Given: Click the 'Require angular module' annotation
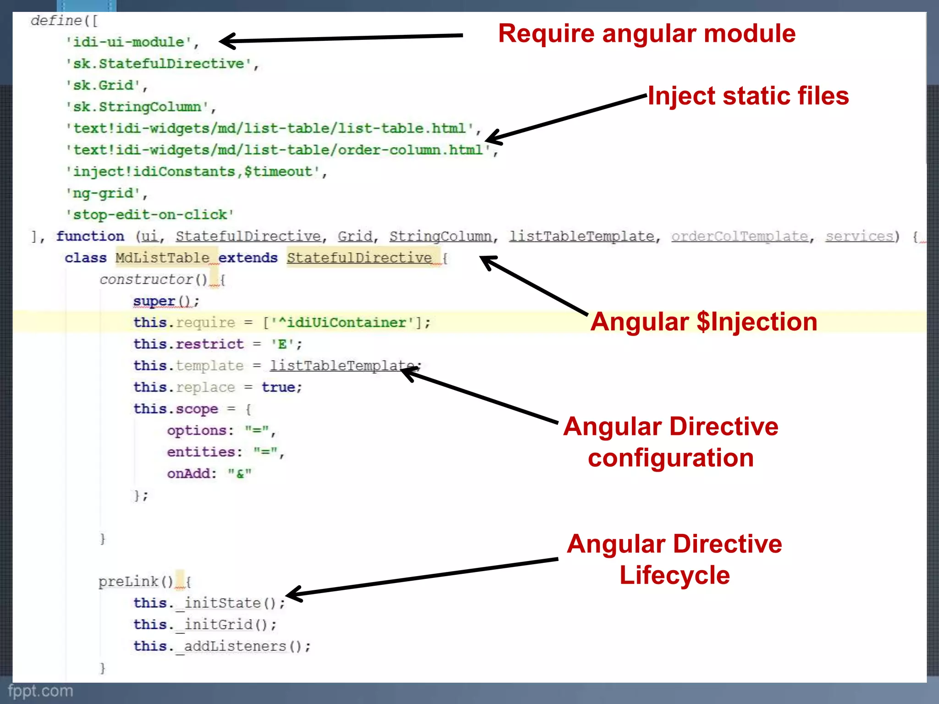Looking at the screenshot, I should [646, 34].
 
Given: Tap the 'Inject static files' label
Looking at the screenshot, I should [748, 96].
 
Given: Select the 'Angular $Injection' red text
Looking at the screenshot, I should [703, 322].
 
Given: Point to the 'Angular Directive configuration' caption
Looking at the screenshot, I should [671, 442].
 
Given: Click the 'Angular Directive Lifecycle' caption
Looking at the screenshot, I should [674, 559].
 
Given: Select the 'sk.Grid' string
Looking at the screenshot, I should [104, 85].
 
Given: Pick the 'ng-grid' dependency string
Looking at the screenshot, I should [104, 193].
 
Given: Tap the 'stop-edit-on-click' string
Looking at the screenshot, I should [150, 214].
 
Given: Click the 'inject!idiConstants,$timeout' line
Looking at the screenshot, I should [193, 171].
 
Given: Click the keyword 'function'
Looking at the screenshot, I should [90, 236].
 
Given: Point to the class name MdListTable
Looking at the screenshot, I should [162, 258].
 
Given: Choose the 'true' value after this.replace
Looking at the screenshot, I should [278, 387].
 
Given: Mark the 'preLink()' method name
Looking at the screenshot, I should [135, 582].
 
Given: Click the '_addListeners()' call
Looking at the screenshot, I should [243, 646].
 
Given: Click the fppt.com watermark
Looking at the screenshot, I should [40, 691].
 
